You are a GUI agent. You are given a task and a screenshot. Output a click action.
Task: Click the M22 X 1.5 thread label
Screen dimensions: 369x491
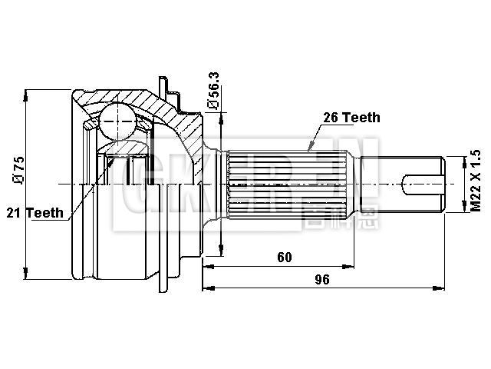pos(475,181)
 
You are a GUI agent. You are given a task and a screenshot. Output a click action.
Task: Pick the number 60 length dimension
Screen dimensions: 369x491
pos(285,258)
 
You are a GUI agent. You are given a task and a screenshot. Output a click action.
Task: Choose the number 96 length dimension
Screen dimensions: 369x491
pos(322,280)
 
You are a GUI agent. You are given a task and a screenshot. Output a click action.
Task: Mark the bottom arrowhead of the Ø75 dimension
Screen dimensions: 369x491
pos(27,274)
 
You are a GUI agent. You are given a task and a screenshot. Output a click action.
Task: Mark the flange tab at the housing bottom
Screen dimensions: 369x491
pos(163,282)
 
